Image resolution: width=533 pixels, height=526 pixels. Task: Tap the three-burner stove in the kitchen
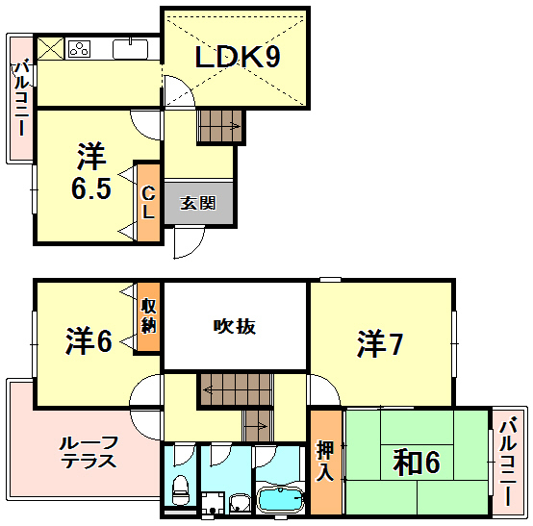coord(79,47)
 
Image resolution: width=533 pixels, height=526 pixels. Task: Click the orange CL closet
coord(148,201)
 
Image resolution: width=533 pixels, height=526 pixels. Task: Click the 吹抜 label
coord(234,326)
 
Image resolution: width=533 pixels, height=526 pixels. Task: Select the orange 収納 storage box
coord(148,317)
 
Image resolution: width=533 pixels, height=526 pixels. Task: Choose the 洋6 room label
coord(89,339)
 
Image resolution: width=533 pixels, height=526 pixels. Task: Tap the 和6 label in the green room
coord(417,463)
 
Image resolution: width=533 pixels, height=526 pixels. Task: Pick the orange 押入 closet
coord(325,463)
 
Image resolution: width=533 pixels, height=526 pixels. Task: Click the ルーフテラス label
coord(88,451)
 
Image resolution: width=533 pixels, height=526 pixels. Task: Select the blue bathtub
coord(280,500)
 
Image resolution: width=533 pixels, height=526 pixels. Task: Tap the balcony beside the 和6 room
coord(509,462)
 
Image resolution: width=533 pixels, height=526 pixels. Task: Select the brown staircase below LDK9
coord(220,125)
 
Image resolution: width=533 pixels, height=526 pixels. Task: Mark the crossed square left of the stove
coord(50,46)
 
